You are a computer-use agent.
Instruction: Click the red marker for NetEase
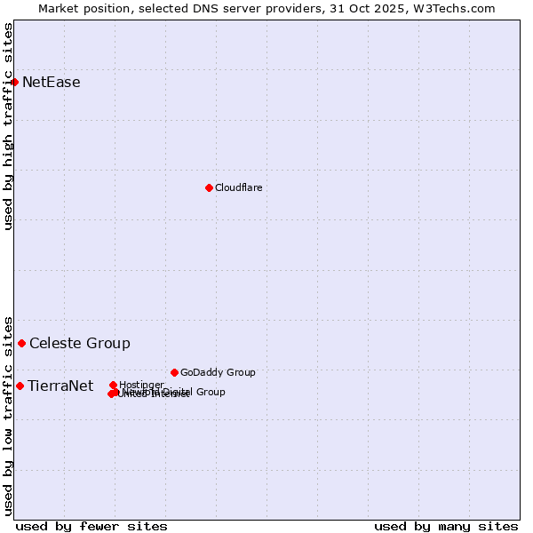coord(15,83)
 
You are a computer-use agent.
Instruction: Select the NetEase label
coord(51,83)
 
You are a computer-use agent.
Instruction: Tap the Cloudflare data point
coord(209,187)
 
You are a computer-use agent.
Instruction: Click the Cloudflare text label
coord(238,187)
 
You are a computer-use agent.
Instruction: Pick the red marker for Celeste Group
coord(22,343)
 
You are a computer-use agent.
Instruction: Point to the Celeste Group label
coord(79,343)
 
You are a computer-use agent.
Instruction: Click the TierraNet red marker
coord(20,386)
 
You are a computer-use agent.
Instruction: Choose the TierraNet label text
coord(60,386)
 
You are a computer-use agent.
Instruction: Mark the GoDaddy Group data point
coord(174,372)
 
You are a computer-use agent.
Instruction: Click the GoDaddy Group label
coord(218,372)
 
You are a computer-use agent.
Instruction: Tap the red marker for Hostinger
coord(114,386)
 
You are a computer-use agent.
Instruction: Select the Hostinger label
coord(142,385)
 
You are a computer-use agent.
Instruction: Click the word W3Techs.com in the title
coord(460,8)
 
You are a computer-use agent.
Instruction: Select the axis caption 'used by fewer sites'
coord(91,526)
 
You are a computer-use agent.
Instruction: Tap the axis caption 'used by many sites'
coord(446,526)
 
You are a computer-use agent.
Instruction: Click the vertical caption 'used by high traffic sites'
coord(8,126)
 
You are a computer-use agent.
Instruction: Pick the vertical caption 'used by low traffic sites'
coord(8,415)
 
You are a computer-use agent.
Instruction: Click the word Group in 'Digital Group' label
coord(210,392)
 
